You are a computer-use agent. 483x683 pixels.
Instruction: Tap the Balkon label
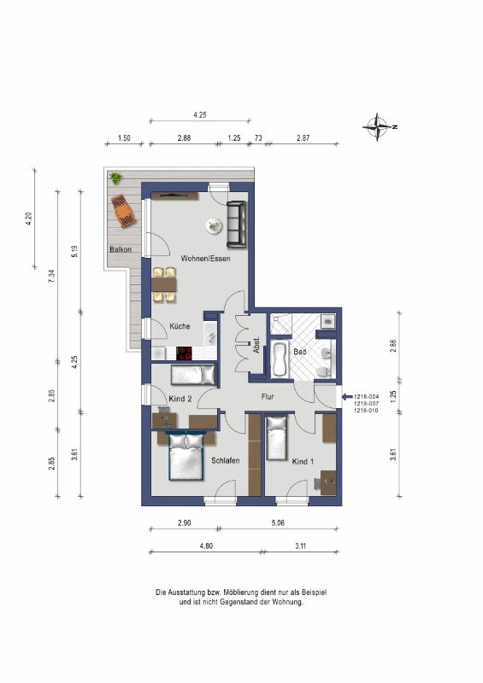121,249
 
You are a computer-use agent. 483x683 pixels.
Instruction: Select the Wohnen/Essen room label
205,259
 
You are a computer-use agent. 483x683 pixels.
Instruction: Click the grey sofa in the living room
237,225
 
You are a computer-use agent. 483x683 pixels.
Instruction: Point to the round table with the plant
215,225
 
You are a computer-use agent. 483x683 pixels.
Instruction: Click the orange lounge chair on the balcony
122,211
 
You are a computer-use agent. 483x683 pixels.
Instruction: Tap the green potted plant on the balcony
115,178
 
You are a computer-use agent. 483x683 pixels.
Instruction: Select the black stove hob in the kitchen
184,353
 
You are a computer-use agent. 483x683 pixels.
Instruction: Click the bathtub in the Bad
280,359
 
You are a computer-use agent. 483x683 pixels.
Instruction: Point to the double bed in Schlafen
186,457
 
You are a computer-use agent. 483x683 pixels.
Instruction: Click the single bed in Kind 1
277,438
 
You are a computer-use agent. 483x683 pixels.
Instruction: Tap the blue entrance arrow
347,397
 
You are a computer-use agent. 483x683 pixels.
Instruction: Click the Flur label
268,397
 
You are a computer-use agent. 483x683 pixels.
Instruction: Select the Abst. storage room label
256,345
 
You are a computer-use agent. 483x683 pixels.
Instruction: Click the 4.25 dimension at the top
200,115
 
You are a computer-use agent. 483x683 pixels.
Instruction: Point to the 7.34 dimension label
51,277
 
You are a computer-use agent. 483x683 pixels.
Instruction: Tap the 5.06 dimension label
278,522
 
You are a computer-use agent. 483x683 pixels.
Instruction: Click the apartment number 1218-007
367,404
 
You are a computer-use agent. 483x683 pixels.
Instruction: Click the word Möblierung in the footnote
239,593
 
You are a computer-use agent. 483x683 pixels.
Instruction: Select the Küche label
180,326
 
